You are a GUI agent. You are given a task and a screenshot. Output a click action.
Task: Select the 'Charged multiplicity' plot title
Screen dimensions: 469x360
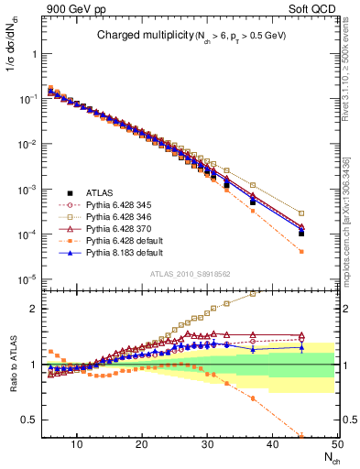tap(137, 36)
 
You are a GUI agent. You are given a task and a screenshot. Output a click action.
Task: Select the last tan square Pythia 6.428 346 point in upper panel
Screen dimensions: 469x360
tap(301, 213)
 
